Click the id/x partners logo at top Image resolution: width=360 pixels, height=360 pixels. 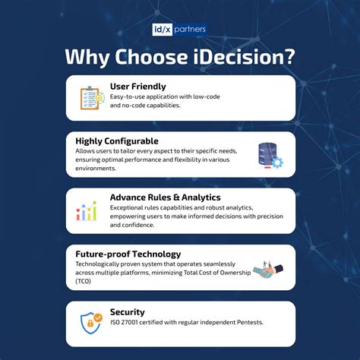point(179,30)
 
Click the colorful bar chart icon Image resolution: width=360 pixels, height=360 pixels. point(87,210)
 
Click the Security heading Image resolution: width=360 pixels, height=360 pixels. point(126,311)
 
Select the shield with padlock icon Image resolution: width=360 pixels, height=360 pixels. point(91,324)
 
